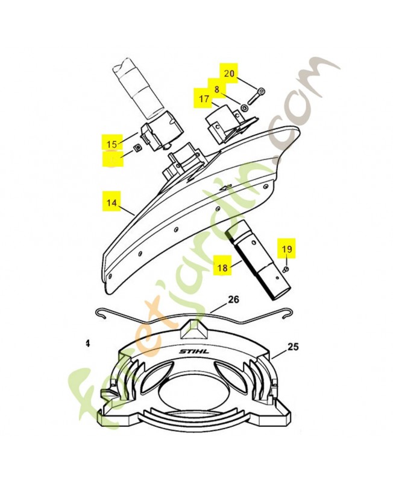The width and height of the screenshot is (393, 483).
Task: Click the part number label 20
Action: click(x=228, y=74)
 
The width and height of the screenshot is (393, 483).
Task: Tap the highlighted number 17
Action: click(x=202, y=98)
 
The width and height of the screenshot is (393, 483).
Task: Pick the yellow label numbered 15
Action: click(x=112, y=144)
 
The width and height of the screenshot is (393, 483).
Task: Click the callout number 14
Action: click(x=112, y=203)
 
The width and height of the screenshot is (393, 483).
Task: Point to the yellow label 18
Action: click(x=222, y=266)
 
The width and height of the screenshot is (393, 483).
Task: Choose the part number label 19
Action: click(x=286, y=248)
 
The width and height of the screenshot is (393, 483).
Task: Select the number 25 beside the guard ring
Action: click(x=294, y=347)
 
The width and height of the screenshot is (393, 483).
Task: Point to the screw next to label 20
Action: click(x=260, y=92)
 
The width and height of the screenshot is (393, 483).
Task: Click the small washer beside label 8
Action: click(x=243, y=107)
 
